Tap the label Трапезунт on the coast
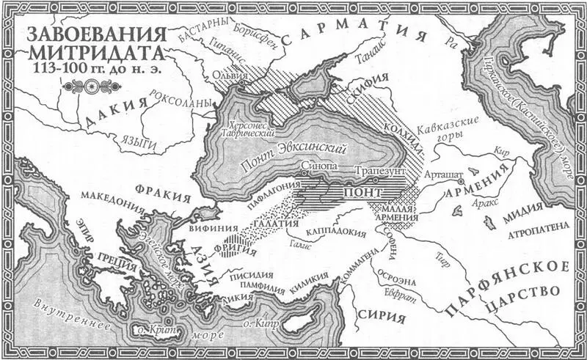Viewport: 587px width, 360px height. (x=376, y=168)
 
